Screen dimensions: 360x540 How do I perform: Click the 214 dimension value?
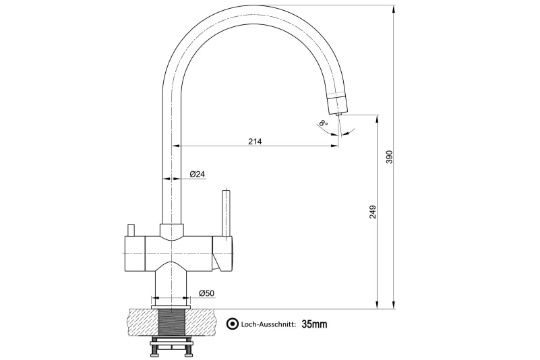tap(255, 141)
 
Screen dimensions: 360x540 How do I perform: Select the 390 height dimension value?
tap(389, 156)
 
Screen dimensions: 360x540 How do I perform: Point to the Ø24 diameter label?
tap(198, 174)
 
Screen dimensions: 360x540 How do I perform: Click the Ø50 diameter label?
tap(206, 293)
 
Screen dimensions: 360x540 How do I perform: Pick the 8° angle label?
tap(324, 123)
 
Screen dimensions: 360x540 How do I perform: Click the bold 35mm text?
tap(314, 324)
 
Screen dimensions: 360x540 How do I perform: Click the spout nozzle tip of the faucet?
tap(338, 105)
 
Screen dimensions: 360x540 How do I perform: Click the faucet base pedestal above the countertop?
tap(171, 283)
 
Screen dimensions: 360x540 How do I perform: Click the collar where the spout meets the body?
tap(171, 231)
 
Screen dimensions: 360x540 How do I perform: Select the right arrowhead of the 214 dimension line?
tap(334, 146)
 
